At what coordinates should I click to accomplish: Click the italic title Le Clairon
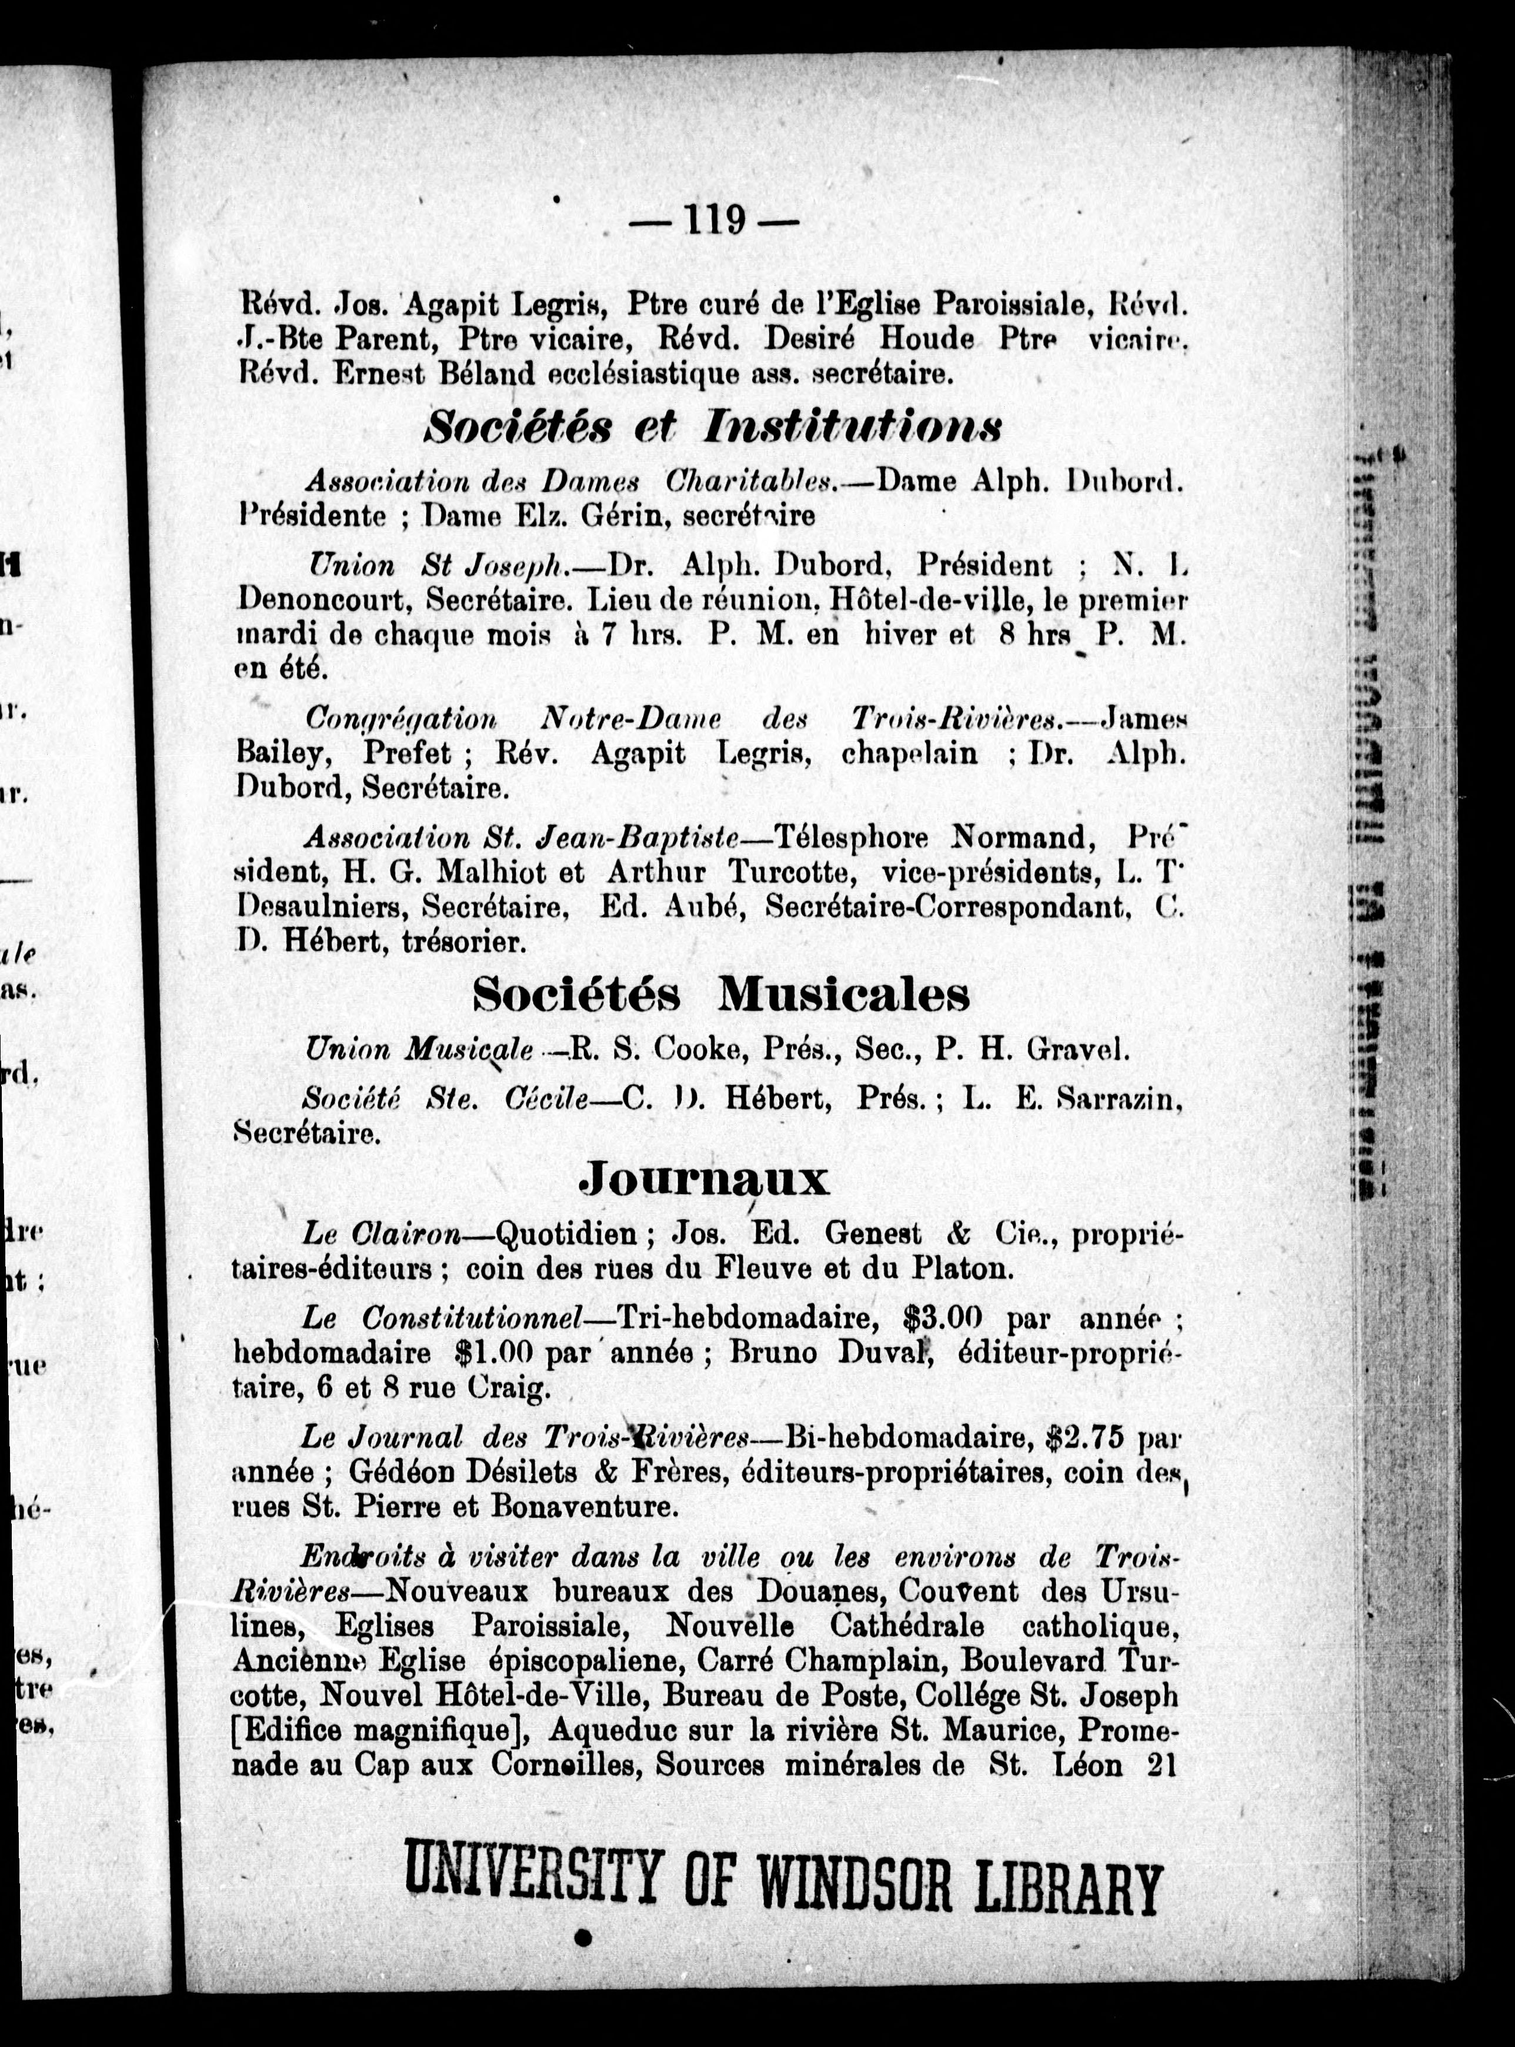click(x=382, y=1235)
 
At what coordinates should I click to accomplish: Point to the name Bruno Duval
click(x=828, y=1353)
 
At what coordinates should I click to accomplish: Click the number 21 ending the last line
click(x=1160, y=1765)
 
